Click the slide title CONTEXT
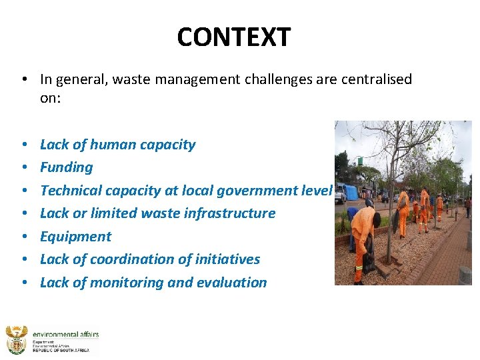point(234,37)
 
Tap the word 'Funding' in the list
point(66,167)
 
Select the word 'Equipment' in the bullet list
point(75,237)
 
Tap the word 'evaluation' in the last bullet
point(231,283)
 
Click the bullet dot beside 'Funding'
point(23,168)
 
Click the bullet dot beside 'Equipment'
point(23,237)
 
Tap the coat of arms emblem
point(16,340)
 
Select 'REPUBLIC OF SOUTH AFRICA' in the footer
point(65,350)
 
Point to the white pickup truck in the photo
point(340,195)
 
